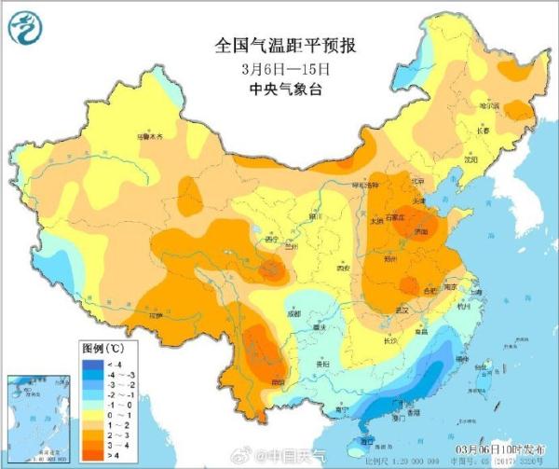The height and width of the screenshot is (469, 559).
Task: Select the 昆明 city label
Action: pyautogui.click(x=277, y=381)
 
